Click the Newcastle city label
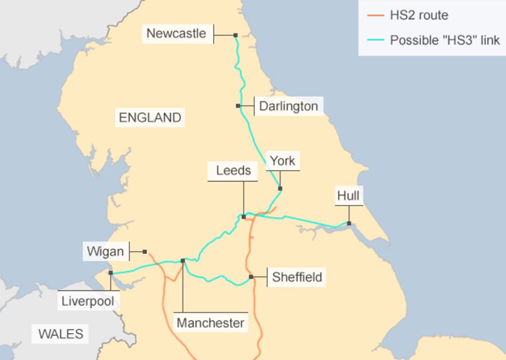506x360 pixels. point(176,34)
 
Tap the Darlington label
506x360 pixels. point(288,106)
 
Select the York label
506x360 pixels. point(283,161)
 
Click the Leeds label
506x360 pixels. point(233,171)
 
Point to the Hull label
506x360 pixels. point(348,196)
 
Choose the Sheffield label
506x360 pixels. point(297,277)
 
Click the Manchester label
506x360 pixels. point(210,323)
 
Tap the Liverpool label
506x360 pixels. point(88,301)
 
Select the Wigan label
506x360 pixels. point(106,252)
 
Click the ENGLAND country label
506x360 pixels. point(150,118)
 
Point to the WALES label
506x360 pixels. point(61,334)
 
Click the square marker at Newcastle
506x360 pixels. point(235,35)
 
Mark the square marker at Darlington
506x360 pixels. point(238,106)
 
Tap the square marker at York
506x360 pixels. point(280,188)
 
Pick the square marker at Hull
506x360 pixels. point(349,224)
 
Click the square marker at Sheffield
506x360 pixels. point(251,277)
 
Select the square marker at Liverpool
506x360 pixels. point(110,273)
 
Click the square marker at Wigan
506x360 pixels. point(145,252)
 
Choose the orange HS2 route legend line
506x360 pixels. point(375,15)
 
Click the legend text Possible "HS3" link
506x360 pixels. point(444,40)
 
